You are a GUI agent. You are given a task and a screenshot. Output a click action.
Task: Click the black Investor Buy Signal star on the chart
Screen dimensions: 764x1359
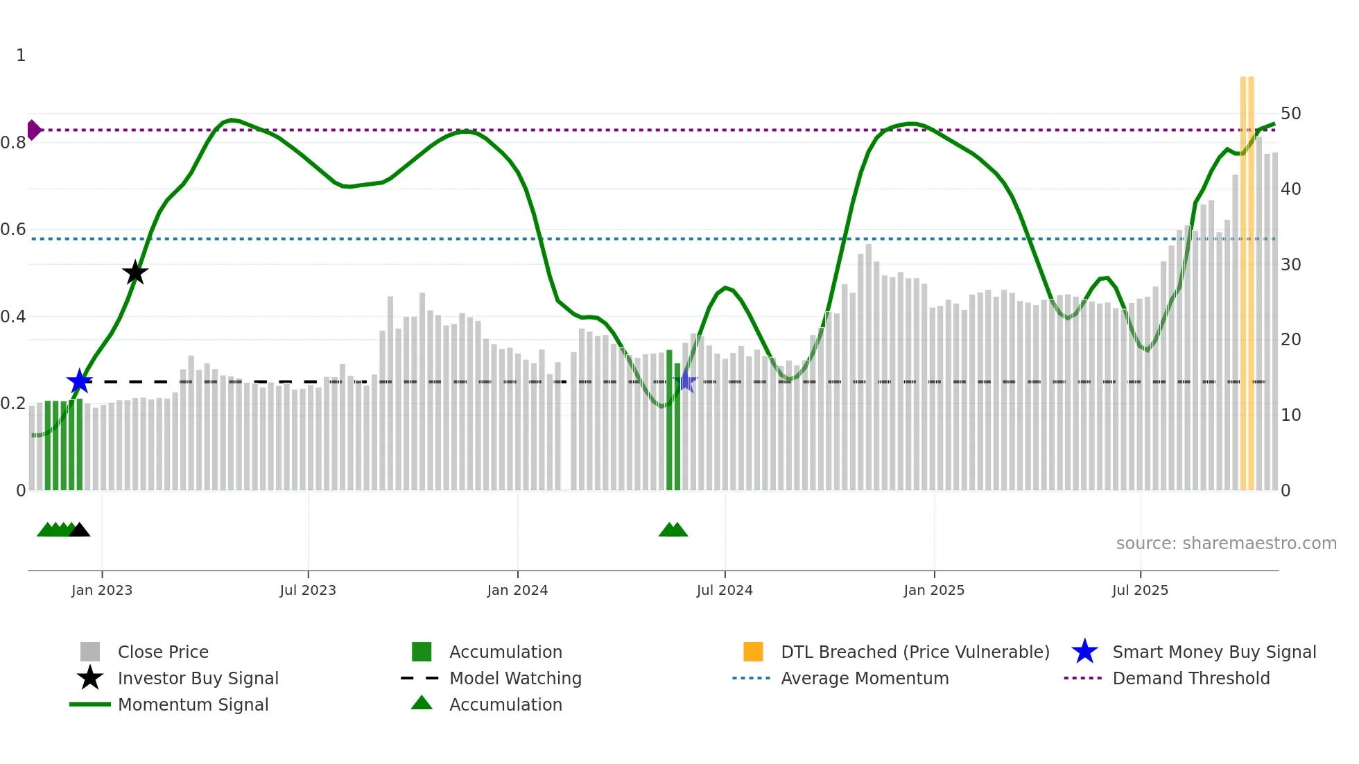(x=135, y=272)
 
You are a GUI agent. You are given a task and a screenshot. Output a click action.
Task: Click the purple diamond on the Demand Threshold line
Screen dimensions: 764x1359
(x=33, y=130)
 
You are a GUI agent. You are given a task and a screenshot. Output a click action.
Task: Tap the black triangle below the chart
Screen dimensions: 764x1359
(x=80, y=530)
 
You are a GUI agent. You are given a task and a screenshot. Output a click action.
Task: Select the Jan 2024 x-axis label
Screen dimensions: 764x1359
(x=517, y=590)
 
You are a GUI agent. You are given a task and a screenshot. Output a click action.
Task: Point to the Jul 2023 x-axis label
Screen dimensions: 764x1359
(x=308, y=590)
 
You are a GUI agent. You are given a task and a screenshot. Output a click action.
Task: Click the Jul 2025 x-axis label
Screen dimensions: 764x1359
(x=1140, y=590)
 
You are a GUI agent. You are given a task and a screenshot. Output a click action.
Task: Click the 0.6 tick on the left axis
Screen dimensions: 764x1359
(x=12, y=229)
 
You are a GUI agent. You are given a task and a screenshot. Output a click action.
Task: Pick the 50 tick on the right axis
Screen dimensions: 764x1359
(x=1290, y=113)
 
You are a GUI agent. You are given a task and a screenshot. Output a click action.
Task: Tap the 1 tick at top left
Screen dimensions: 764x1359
(x=21, y=55)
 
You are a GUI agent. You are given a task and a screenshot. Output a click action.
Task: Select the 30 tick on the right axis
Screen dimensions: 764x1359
(x=1290, y=264)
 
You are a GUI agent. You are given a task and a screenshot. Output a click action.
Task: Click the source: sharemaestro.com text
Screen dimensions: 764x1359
(x=1226, y=544)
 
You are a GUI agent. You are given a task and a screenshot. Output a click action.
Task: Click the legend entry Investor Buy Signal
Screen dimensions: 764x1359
(x=198, y=678)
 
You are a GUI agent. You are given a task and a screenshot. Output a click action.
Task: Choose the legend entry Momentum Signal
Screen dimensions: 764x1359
(x=193, y=704)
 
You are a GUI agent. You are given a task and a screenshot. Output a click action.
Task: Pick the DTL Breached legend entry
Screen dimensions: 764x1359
(x=915, y=652)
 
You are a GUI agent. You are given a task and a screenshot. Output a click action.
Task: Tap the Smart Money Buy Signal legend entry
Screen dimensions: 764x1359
(x=1213, y=652)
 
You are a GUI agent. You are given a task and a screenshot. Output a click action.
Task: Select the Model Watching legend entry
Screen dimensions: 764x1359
(x=515, y=678)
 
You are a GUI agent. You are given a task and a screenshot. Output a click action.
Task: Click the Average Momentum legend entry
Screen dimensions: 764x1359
(x=864, y=678)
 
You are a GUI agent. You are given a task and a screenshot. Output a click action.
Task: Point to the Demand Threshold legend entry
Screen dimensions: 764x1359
(x=1191, y=678)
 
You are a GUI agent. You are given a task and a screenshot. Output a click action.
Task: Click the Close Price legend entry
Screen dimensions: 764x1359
(x=163, y=652)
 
